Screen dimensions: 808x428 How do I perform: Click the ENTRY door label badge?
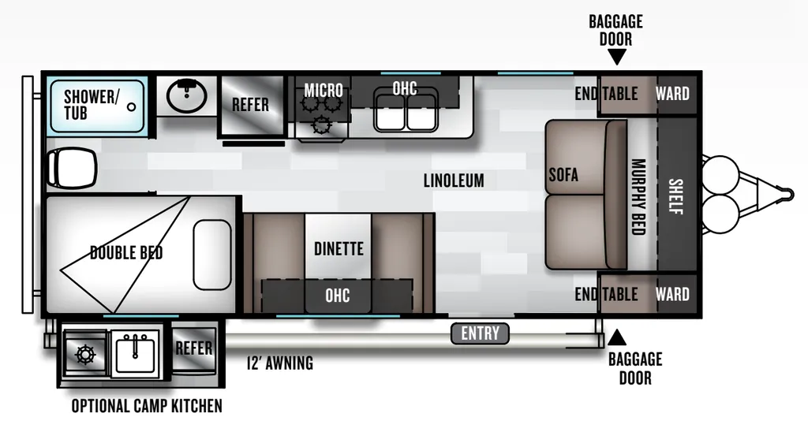click(x=480, y=333)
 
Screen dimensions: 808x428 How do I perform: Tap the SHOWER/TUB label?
click(x=92, y=105)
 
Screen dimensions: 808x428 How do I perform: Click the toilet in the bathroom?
click(x=71, y=167)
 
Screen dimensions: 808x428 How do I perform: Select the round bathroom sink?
click(x=186, y=96)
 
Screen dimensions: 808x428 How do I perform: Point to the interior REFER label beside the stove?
click(x=250, y=105)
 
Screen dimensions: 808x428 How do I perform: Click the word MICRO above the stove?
click(x=323, y=90)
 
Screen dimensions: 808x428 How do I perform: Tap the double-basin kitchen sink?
click(x=406, y=110)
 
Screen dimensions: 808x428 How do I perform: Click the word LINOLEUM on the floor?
click(x=454, y=181)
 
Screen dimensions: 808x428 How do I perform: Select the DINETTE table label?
click(x=339, y=249)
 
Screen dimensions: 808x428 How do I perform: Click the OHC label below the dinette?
click(x=338, y=296)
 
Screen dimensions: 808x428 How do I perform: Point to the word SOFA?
click(x=563, y=175)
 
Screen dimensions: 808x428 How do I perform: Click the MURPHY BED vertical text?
click(x=639, y=197)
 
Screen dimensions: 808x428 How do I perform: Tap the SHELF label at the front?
click(x=675, y=196)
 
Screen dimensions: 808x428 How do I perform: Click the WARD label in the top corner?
click(x=672, y=94)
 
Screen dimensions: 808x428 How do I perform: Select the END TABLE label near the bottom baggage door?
click(x=607, y=294)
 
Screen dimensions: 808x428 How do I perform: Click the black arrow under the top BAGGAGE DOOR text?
click(x=616, y=56)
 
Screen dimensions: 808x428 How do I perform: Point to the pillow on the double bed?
click(x=212, y=255)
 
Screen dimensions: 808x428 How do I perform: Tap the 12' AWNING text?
click(x=280, y=363)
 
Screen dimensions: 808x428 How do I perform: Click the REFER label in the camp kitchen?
click(x=194, y=348)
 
